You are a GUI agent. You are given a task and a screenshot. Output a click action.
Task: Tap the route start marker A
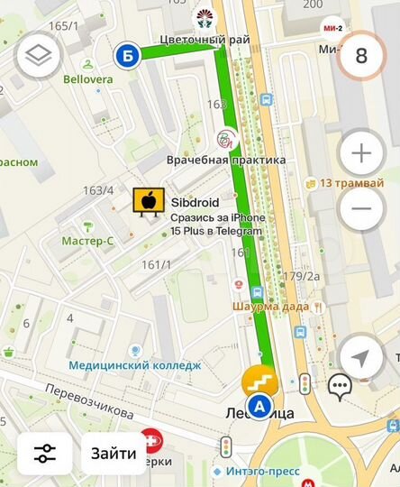point(260,407)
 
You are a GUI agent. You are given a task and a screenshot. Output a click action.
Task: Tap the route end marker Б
point(127,57)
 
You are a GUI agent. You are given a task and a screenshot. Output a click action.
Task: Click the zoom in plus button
point(361,153)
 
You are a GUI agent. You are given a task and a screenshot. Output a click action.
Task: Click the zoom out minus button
point(361,208)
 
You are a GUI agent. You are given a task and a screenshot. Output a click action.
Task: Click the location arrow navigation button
point(360,357)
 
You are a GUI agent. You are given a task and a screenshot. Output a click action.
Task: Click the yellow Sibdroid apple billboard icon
point(146,203)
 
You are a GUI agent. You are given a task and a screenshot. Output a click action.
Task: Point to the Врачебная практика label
point(226,160)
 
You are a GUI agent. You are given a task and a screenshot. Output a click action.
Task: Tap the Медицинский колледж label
point(134,365)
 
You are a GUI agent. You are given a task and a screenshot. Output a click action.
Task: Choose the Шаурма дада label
point(270,307)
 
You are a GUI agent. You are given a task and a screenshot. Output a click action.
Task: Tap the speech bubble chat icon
point(339,388)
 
